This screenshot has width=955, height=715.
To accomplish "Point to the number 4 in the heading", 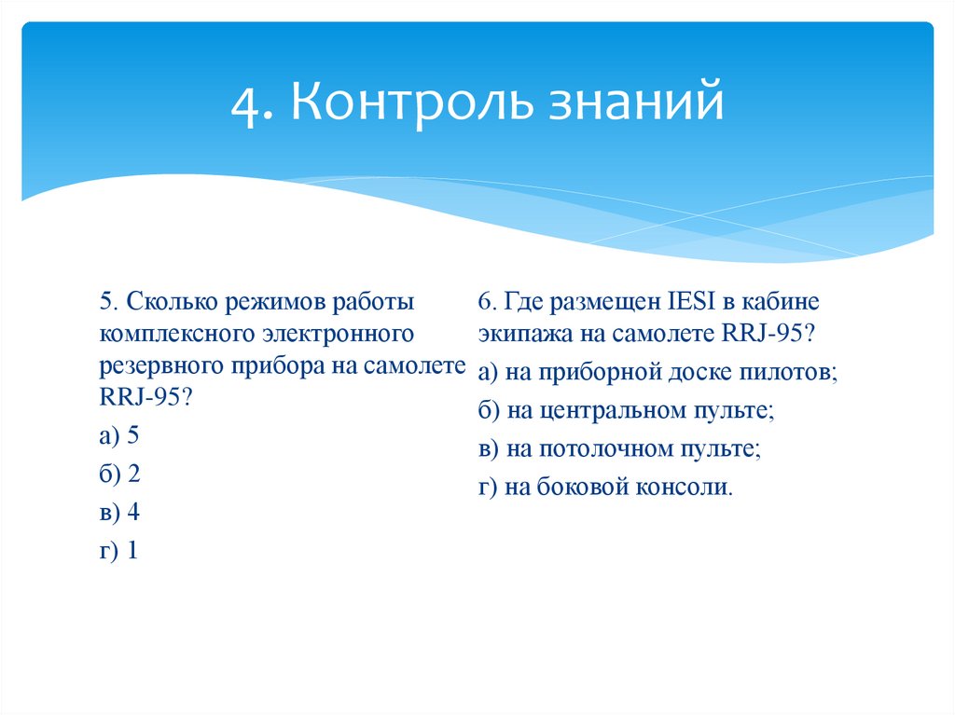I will [x=246, y=103].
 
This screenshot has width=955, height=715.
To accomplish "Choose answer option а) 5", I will [x=118, y=435].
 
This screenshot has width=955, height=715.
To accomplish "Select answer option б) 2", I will [x=118, y=474].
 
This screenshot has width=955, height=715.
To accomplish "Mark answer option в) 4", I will [x=118, y=513].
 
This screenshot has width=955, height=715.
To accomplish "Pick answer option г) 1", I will [x=118, y=551].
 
